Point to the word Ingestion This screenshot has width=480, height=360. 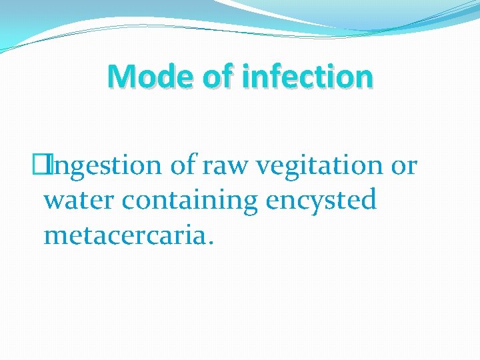tap(108, 165)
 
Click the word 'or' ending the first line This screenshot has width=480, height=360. tap(404, 165)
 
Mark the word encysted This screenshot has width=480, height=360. tap(321, 200)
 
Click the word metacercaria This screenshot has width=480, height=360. tap(124, 235)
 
